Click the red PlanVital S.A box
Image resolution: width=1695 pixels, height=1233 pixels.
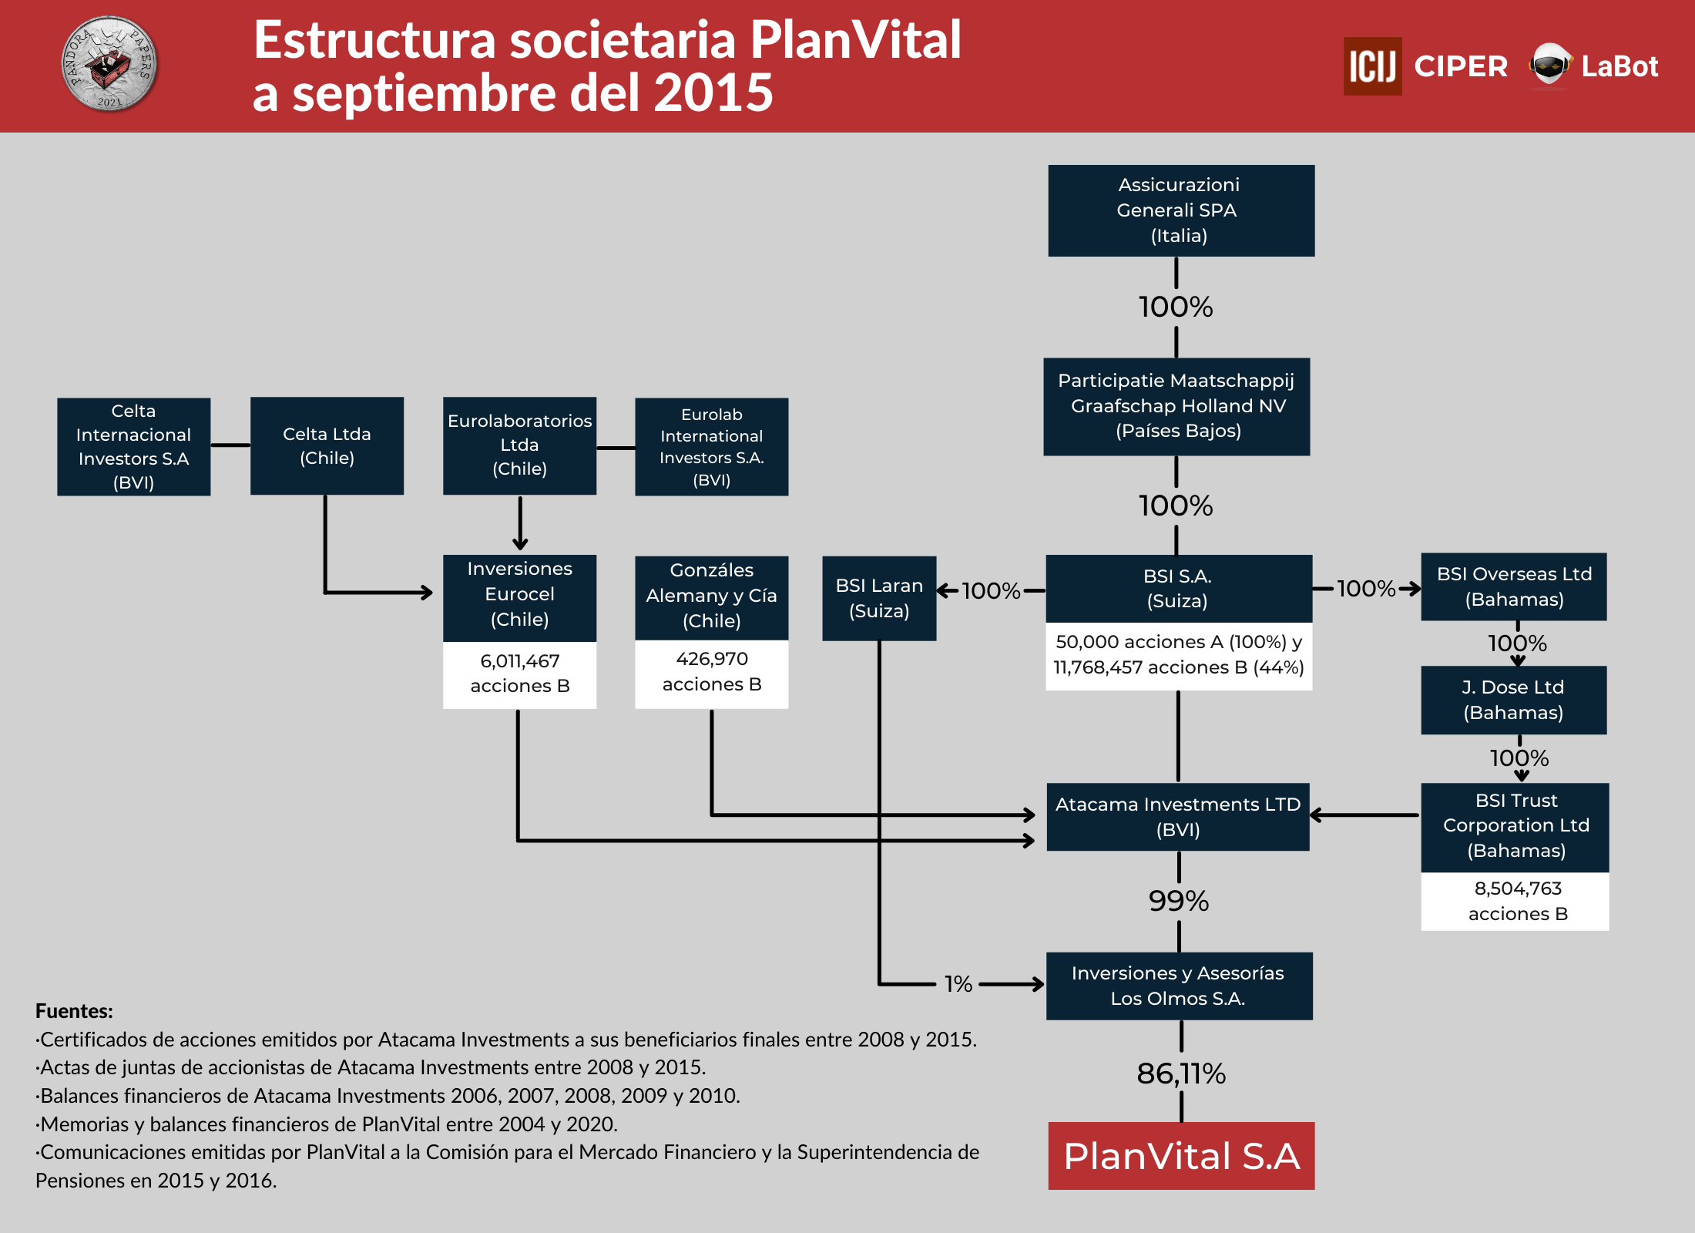tap(1181, 1155)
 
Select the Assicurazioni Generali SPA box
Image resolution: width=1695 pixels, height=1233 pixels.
tap(1181, 210)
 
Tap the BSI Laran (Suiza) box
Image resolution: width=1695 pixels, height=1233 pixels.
tap(879, 598)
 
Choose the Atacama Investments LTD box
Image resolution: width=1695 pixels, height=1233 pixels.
tap(1178, 817)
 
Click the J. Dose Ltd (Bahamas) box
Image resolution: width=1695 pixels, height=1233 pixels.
tap(1514, 700)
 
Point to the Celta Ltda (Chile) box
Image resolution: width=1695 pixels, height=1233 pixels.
tap(327, 445)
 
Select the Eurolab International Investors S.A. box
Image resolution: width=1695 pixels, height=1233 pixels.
tap(711, 446)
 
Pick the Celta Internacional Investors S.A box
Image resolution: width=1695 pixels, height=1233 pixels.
tap(133, 446)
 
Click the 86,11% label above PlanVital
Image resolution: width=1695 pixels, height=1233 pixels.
tap(1181, 1073)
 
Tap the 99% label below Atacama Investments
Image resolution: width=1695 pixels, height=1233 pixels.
tap(1179, 901)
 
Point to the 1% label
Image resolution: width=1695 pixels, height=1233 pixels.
tap(958, 984)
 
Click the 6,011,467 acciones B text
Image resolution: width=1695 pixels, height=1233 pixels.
tap(520, 674)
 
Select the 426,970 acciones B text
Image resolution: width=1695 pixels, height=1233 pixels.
tap(712, 671)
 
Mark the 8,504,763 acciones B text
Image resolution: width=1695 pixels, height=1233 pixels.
tap(1518, 901)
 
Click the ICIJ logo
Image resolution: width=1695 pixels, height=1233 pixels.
tap(1373, 66)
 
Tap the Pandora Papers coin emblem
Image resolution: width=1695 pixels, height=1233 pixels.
tap(109, 64)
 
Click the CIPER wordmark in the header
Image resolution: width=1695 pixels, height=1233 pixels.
tap(1461, 66)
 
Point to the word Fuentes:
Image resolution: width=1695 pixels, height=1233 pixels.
tap(74, 1011)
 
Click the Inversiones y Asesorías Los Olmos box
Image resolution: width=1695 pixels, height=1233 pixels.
tap(1180, 986)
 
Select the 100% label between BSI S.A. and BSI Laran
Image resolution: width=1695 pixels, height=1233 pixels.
tap(991, 591)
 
